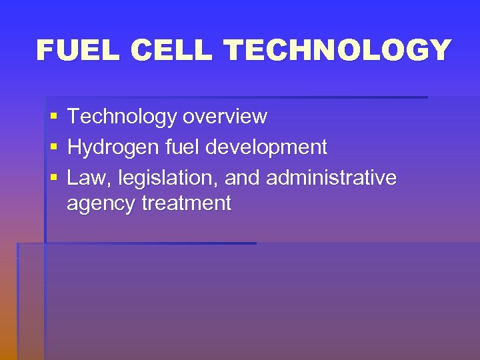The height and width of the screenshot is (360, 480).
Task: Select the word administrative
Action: (331, 178)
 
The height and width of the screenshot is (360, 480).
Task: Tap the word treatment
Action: (187, 203)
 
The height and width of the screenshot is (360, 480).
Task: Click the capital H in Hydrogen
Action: (74, 147)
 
